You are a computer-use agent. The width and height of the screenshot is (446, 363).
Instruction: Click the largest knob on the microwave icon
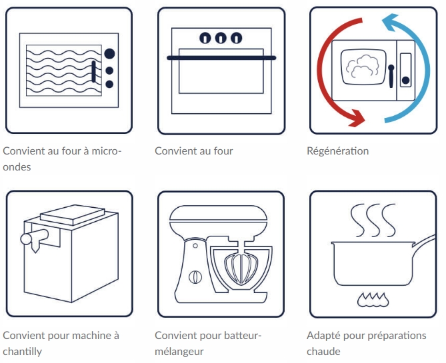(x=109, y=53)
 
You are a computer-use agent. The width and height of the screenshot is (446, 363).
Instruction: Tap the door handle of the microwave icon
(x=93, y=71)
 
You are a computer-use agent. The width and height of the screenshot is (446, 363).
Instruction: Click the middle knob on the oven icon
(x=221, y=38)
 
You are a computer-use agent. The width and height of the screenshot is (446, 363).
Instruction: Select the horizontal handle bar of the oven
(x=221, y=58)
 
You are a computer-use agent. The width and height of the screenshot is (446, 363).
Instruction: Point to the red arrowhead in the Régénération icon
(x=357, y=118)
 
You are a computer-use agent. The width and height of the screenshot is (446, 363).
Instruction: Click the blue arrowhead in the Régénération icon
(x=390, y=22)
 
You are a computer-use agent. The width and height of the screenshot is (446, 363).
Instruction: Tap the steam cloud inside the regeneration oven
(x=363, y=66)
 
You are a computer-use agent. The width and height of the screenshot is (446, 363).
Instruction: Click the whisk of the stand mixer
(x=241, y=268)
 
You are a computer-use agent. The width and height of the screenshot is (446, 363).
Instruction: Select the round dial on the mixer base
(x=195, y=277)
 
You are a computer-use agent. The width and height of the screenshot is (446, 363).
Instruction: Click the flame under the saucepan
(x=373, y=300)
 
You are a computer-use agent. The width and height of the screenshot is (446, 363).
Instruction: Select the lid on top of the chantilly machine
(x=73, y=215)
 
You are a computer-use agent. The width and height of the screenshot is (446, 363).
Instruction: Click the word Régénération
(x=337, y=151)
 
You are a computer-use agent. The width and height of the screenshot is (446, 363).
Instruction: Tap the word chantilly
(x=23, y=352)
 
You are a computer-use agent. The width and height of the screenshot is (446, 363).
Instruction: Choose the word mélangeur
(x=179, y=352)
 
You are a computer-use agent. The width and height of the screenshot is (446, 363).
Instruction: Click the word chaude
(x=323, y=352)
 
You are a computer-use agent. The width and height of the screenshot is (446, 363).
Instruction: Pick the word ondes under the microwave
(x=17, y=167)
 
